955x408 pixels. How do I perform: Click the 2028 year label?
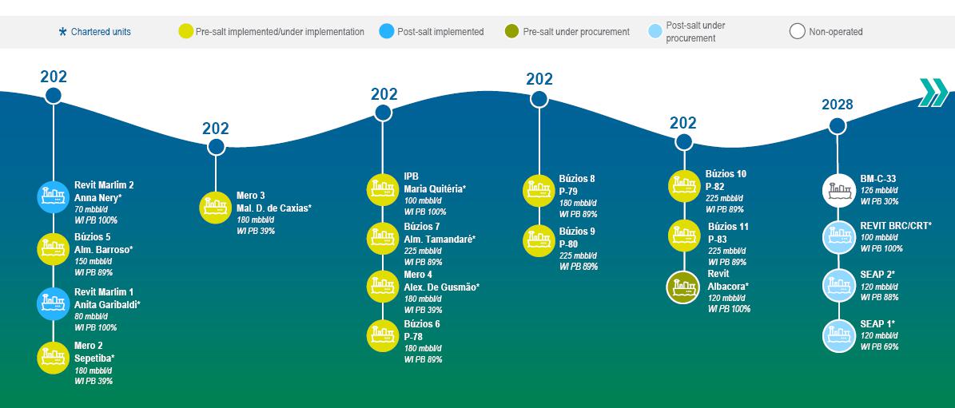point(837,105)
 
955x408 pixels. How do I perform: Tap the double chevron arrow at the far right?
point(933,93)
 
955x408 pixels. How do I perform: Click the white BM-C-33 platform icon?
point(838,190)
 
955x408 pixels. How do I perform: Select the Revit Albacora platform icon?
point(683,287)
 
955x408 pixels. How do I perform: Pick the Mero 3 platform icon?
point(216,208)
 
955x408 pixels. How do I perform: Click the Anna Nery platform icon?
point(53,196)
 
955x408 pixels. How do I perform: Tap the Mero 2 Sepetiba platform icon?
point(53,358)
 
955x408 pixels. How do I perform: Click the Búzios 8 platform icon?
point(539,190)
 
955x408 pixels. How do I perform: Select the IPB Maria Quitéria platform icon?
point(383,189)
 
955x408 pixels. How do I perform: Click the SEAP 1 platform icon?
point(838,335)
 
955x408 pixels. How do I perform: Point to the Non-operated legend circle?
point(798,32)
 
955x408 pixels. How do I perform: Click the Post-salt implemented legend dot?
point(387,32)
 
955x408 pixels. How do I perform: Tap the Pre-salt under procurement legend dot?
point(512,32)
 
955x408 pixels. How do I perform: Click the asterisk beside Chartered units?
point(62,32)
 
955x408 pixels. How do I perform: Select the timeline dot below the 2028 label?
point(838,126)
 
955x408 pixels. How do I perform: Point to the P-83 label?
point(718,239)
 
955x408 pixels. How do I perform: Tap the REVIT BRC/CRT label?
point(896,226)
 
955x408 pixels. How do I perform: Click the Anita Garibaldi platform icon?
point(53,303)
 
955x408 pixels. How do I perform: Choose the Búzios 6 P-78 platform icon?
point(383,335)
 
